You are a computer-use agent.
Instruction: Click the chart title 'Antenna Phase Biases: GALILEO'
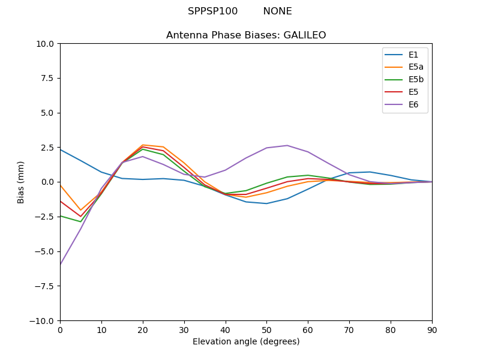246,35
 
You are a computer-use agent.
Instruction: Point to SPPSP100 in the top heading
212,11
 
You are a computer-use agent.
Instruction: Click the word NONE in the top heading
277,11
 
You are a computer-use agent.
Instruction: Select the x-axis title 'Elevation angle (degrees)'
246,342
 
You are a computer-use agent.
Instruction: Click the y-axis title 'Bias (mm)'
21,182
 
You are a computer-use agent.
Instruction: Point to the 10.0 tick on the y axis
46,44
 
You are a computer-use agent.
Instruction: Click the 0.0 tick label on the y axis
48,182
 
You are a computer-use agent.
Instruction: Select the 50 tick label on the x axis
266,330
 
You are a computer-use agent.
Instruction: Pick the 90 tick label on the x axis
432,330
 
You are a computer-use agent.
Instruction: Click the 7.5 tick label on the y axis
48,79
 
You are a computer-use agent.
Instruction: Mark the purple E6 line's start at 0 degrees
61,265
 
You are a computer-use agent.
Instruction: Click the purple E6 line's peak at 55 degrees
287,145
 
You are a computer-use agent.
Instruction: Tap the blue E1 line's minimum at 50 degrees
266,203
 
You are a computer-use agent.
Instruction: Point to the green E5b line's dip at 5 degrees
80,221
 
